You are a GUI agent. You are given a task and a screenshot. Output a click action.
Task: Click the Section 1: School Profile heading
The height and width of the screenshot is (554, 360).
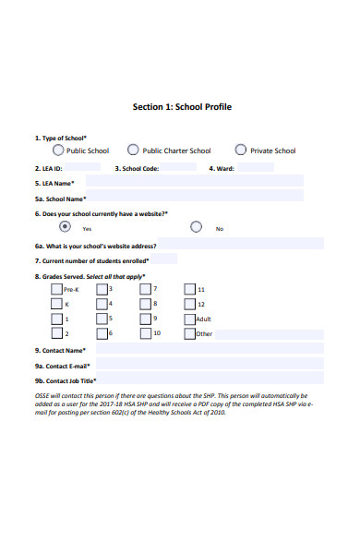(x=182, y=106)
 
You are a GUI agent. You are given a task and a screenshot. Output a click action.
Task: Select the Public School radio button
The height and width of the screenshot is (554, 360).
(x=59, y=150)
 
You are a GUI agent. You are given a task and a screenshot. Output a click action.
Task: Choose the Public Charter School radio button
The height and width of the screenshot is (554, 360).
(x=133, y=150)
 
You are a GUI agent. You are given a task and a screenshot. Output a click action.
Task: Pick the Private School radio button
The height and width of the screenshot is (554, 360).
(x=241, y=150)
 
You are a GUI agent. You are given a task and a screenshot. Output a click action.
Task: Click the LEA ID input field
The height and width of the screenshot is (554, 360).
(x=82, y=168)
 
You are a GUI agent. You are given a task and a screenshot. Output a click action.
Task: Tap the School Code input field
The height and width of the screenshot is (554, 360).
(x=180, y=168)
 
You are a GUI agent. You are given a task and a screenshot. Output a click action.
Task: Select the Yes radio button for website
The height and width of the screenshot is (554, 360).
(x=65, y=226)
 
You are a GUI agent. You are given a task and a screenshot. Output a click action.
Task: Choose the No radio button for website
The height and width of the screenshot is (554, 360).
(x=196, y=226)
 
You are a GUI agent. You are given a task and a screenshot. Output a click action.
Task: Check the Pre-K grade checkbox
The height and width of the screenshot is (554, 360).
(x=56, y=289)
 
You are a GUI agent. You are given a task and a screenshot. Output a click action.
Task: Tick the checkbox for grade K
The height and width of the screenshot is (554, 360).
(x=56, y=304)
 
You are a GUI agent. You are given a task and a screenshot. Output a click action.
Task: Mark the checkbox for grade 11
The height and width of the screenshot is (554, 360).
(x=189, y=289)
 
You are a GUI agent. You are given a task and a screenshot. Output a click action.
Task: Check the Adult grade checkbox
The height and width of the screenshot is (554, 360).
(x=189, y=319)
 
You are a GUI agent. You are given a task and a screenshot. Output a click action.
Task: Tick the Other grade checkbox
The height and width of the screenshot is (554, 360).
(x=189, y=333)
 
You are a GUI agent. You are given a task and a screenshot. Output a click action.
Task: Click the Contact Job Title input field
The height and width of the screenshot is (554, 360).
(x=211, y=379)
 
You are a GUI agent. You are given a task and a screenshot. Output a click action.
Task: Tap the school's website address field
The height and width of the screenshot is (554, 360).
(x=240, y=245)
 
